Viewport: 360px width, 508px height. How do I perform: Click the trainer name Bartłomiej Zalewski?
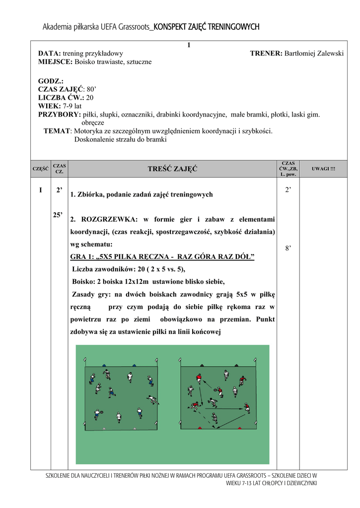(314, 53)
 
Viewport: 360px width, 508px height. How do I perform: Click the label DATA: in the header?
(50, 53)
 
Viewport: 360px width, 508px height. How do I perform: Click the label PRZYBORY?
(60, 115)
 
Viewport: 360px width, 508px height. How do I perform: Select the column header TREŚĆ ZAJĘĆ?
(172, 169)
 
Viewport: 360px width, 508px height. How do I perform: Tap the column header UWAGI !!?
(323, 169)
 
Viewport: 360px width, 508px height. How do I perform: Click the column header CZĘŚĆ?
(40, 169)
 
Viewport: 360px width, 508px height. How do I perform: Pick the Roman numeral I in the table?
(41, 190)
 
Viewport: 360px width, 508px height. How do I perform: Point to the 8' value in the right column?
(288, 249)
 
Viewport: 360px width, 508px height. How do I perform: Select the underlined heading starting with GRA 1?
(162, 256)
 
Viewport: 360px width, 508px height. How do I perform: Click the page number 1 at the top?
(189, 46)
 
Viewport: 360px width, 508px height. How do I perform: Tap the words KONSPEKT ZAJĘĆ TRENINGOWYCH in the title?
(207, 27)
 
